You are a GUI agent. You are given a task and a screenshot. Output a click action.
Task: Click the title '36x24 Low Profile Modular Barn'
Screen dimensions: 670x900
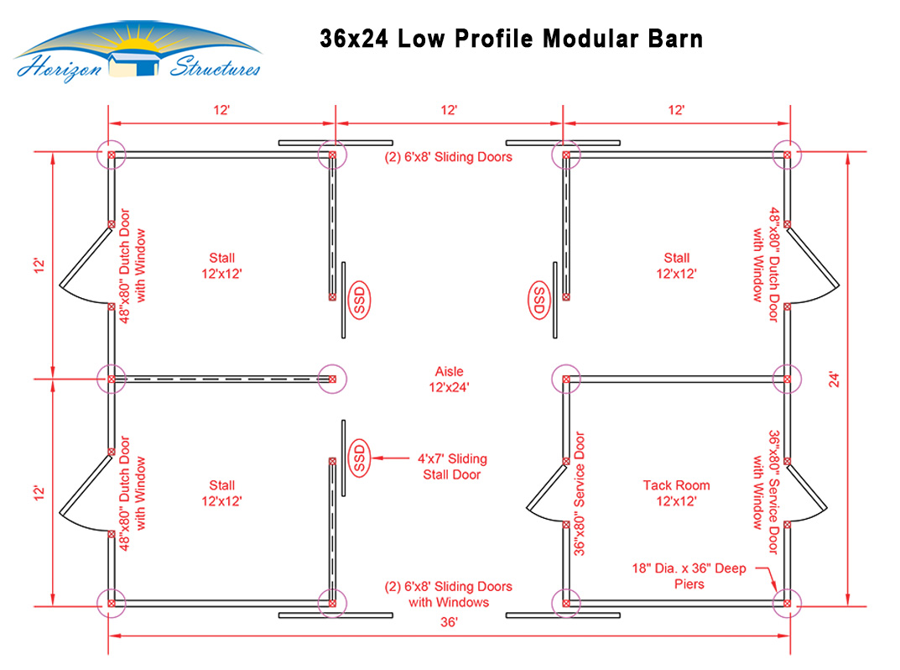(511, 39)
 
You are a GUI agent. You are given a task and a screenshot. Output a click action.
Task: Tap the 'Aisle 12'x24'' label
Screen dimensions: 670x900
(449, 379)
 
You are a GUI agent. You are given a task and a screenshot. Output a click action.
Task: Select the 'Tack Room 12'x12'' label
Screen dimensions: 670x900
(676, 493)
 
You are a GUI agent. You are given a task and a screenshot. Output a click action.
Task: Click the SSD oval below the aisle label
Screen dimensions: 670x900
(361, 458)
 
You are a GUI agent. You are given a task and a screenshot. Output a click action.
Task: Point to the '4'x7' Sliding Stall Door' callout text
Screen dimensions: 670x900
(451, 467)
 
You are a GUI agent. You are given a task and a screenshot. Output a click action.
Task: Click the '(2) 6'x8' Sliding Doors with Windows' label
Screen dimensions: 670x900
(448, 594)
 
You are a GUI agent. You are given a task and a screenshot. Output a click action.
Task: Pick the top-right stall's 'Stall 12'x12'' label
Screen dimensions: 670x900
(676, 265)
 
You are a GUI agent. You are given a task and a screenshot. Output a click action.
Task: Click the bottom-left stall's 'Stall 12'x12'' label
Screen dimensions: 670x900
(222, 493)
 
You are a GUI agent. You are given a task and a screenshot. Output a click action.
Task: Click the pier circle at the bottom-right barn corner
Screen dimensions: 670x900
(788, 601)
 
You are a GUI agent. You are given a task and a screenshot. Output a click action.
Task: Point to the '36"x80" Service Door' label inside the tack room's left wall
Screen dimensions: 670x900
(580, 494)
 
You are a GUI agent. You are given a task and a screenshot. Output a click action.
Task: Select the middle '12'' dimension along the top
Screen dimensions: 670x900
(449, 110)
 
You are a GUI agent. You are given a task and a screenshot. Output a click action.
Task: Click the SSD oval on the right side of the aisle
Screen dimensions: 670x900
(538, 300)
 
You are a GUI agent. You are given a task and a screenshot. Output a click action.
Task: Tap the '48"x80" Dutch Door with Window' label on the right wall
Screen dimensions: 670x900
(767, 254)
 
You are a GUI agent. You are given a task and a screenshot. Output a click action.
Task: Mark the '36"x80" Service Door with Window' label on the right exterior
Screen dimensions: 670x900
(767, 493)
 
